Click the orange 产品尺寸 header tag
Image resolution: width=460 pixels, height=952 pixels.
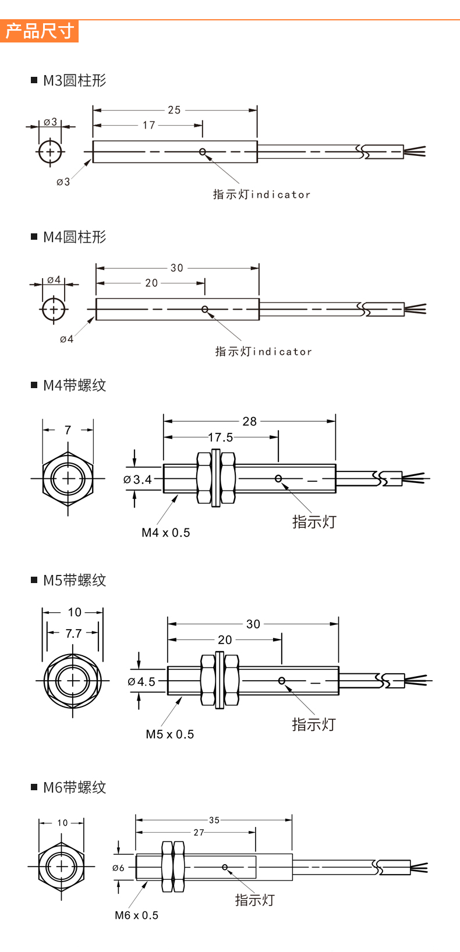point(39,31)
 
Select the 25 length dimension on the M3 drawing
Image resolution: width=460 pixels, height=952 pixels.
point(174,110)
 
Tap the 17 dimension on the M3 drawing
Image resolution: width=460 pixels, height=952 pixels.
point(149,125)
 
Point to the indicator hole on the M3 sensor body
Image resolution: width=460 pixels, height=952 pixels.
point(203,152)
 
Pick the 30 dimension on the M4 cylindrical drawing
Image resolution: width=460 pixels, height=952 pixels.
point(177,268)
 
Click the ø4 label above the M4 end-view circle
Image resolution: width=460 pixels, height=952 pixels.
point(54,280)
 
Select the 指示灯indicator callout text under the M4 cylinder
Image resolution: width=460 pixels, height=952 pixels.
point(264,351)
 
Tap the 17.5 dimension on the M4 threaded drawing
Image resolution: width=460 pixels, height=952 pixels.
point(221,437)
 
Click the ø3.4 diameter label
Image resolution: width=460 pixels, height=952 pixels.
point(138,479)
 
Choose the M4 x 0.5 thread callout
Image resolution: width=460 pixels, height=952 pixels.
point(166,532)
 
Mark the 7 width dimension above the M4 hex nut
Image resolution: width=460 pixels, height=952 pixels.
point(68,430)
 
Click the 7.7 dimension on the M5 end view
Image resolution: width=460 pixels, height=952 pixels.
point(73,633)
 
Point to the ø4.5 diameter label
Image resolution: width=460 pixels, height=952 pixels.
point(141,681)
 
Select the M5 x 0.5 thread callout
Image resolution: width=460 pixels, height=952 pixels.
point(170,734)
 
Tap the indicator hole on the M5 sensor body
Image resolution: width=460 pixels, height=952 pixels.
point(282,681)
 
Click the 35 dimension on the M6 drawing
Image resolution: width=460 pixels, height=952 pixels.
point(214,820)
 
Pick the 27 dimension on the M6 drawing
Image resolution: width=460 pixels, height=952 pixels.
point(199,833)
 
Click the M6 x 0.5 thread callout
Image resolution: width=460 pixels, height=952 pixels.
point(136,915)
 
